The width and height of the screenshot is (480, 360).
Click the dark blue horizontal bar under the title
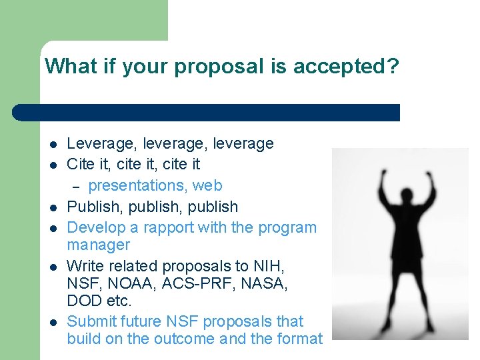tap(207, 112)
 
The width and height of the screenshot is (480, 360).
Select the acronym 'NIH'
tap(271, 266)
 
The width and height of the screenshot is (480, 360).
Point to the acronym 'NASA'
tap(265, 284)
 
